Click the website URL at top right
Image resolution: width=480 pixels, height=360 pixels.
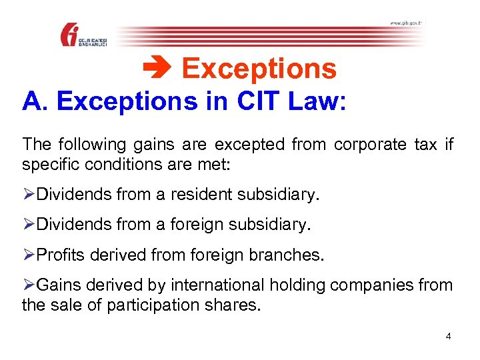[405, 23]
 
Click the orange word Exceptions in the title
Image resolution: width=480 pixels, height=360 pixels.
[259, 69]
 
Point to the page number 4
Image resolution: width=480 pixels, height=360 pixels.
[449, 336]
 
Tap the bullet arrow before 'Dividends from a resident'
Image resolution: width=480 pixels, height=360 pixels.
[29, 195]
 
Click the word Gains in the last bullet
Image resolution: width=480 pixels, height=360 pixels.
[57, 286]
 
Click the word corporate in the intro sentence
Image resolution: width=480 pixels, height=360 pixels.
[367, 145]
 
